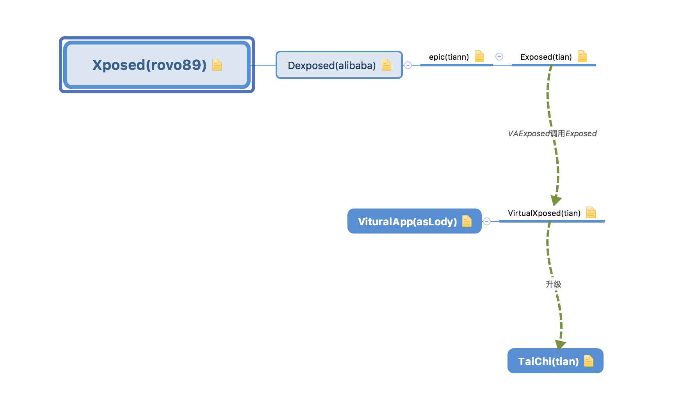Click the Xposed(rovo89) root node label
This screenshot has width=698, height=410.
150,65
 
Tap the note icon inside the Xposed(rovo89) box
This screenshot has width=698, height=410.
217,65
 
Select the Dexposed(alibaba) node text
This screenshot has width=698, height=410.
332,66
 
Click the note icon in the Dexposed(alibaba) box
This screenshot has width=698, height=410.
386,65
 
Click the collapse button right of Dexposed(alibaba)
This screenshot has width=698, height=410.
408,65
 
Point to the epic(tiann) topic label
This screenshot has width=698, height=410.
449,57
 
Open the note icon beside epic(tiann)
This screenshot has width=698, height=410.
479,56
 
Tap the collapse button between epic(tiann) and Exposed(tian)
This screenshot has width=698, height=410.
499,57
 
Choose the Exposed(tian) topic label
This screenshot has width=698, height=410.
546,57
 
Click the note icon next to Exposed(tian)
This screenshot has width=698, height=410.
582,56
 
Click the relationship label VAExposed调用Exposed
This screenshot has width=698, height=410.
552,134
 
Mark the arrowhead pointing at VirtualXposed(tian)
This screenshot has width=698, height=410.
556,200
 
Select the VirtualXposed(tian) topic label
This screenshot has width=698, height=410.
544,213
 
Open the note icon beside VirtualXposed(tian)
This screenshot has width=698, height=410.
591,212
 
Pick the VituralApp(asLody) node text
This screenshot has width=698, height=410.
408,222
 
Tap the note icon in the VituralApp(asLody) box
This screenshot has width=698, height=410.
467,221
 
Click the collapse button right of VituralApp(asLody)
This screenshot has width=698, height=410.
487,221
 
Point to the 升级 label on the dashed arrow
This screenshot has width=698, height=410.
554,284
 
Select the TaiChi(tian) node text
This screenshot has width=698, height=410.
548,362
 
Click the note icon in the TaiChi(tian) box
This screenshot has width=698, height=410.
589,361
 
